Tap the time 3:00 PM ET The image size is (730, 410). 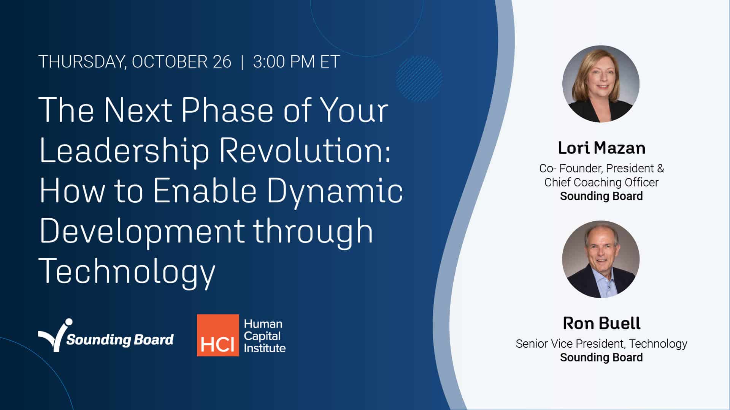tap(296, 62)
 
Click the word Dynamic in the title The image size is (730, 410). tap(335, 191)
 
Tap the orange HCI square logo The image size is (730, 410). tap(218, 335)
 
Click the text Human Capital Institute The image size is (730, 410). tap(264, 336)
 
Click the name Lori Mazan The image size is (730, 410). tap(601, 148)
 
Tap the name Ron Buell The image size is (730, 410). tap(601, 323)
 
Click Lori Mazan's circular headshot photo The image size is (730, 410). tap(601, 84)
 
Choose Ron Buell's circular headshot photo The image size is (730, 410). tap(601, 259)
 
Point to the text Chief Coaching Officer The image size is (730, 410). tap(601, 182)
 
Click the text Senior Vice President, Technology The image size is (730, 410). tap(601, 344)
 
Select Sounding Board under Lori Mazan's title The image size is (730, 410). tap(601, 196)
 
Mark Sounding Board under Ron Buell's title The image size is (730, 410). tap(601, 358)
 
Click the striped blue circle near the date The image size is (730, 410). tap(419, 79)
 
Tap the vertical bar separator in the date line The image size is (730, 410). tap(242, 62)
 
